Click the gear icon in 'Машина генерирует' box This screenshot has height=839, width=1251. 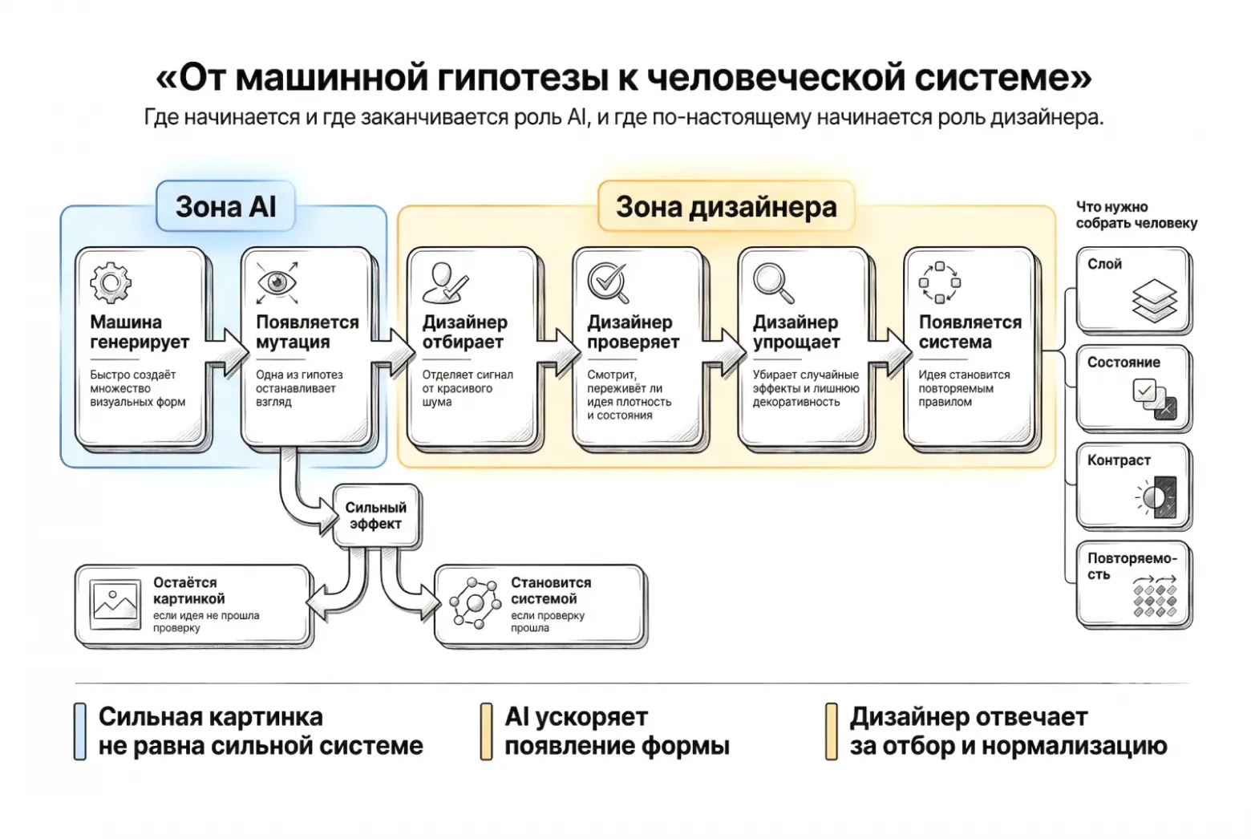coord(111,282)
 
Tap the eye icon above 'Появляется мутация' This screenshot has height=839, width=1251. coord(277,282)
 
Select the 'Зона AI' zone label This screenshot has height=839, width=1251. coord(225,207)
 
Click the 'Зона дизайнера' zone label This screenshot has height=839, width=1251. coord(726,207)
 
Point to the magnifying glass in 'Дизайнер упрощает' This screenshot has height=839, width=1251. coord(773,283)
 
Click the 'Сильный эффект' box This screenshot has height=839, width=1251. coord(375,516)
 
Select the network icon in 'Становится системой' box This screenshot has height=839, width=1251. coord(475,602)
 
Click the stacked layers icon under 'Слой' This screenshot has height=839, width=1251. coord(1154,300)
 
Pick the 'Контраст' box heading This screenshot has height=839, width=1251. coord(1119,460)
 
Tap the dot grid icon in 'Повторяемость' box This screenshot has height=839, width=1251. coord(1155,597)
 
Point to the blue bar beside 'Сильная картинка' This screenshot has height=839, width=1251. coord(80,731)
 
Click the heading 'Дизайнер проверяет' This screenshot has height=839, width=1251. coord(633,332)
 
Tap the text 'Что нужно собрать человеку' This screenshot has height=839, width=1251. coord(1136,215)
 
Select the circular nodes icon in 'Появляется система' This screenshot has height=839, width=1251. coord(939,282)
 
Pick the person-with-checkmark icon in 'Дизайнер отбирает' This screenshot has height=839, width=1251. coord(444,282)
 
